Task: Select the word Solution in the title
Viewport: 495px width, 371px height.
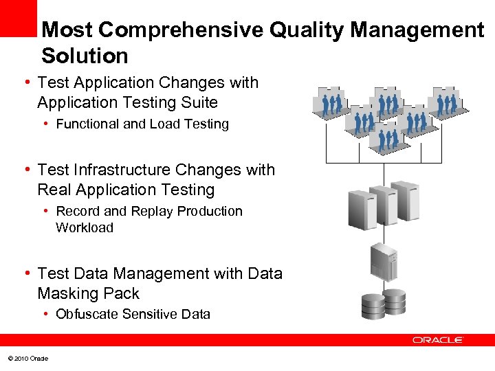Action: [85, 56]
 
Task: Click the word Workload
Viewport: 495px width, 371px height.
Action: [84, 227]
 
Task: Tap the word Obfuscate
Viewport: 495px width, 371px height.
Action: [87, 315]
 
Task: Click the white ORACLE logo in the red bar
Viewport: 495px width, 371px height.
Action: [438, 340]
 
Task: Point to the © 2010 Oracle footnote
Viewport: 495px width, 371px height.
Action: [27, 359]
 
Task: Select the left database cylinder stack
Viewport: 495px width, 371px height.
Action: [373, 306]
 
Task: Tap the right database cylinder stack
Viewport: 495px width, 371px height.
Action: [394, 301]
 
